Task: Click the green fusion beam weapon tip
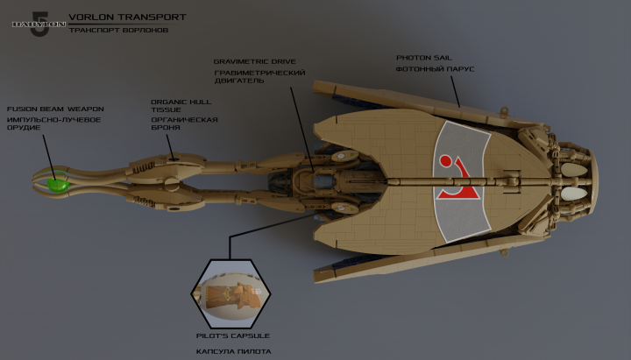(x=59, y=185)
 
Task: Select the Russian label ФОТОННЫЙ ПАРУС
(x=435, y=69)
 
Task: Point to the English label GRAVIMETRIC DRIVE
(x=255, y=62)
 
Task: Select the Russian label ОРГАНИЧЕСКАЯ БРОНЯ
(x=184, y=124)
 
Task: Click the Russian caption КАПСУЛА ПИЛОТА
(x=232, y=350)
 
